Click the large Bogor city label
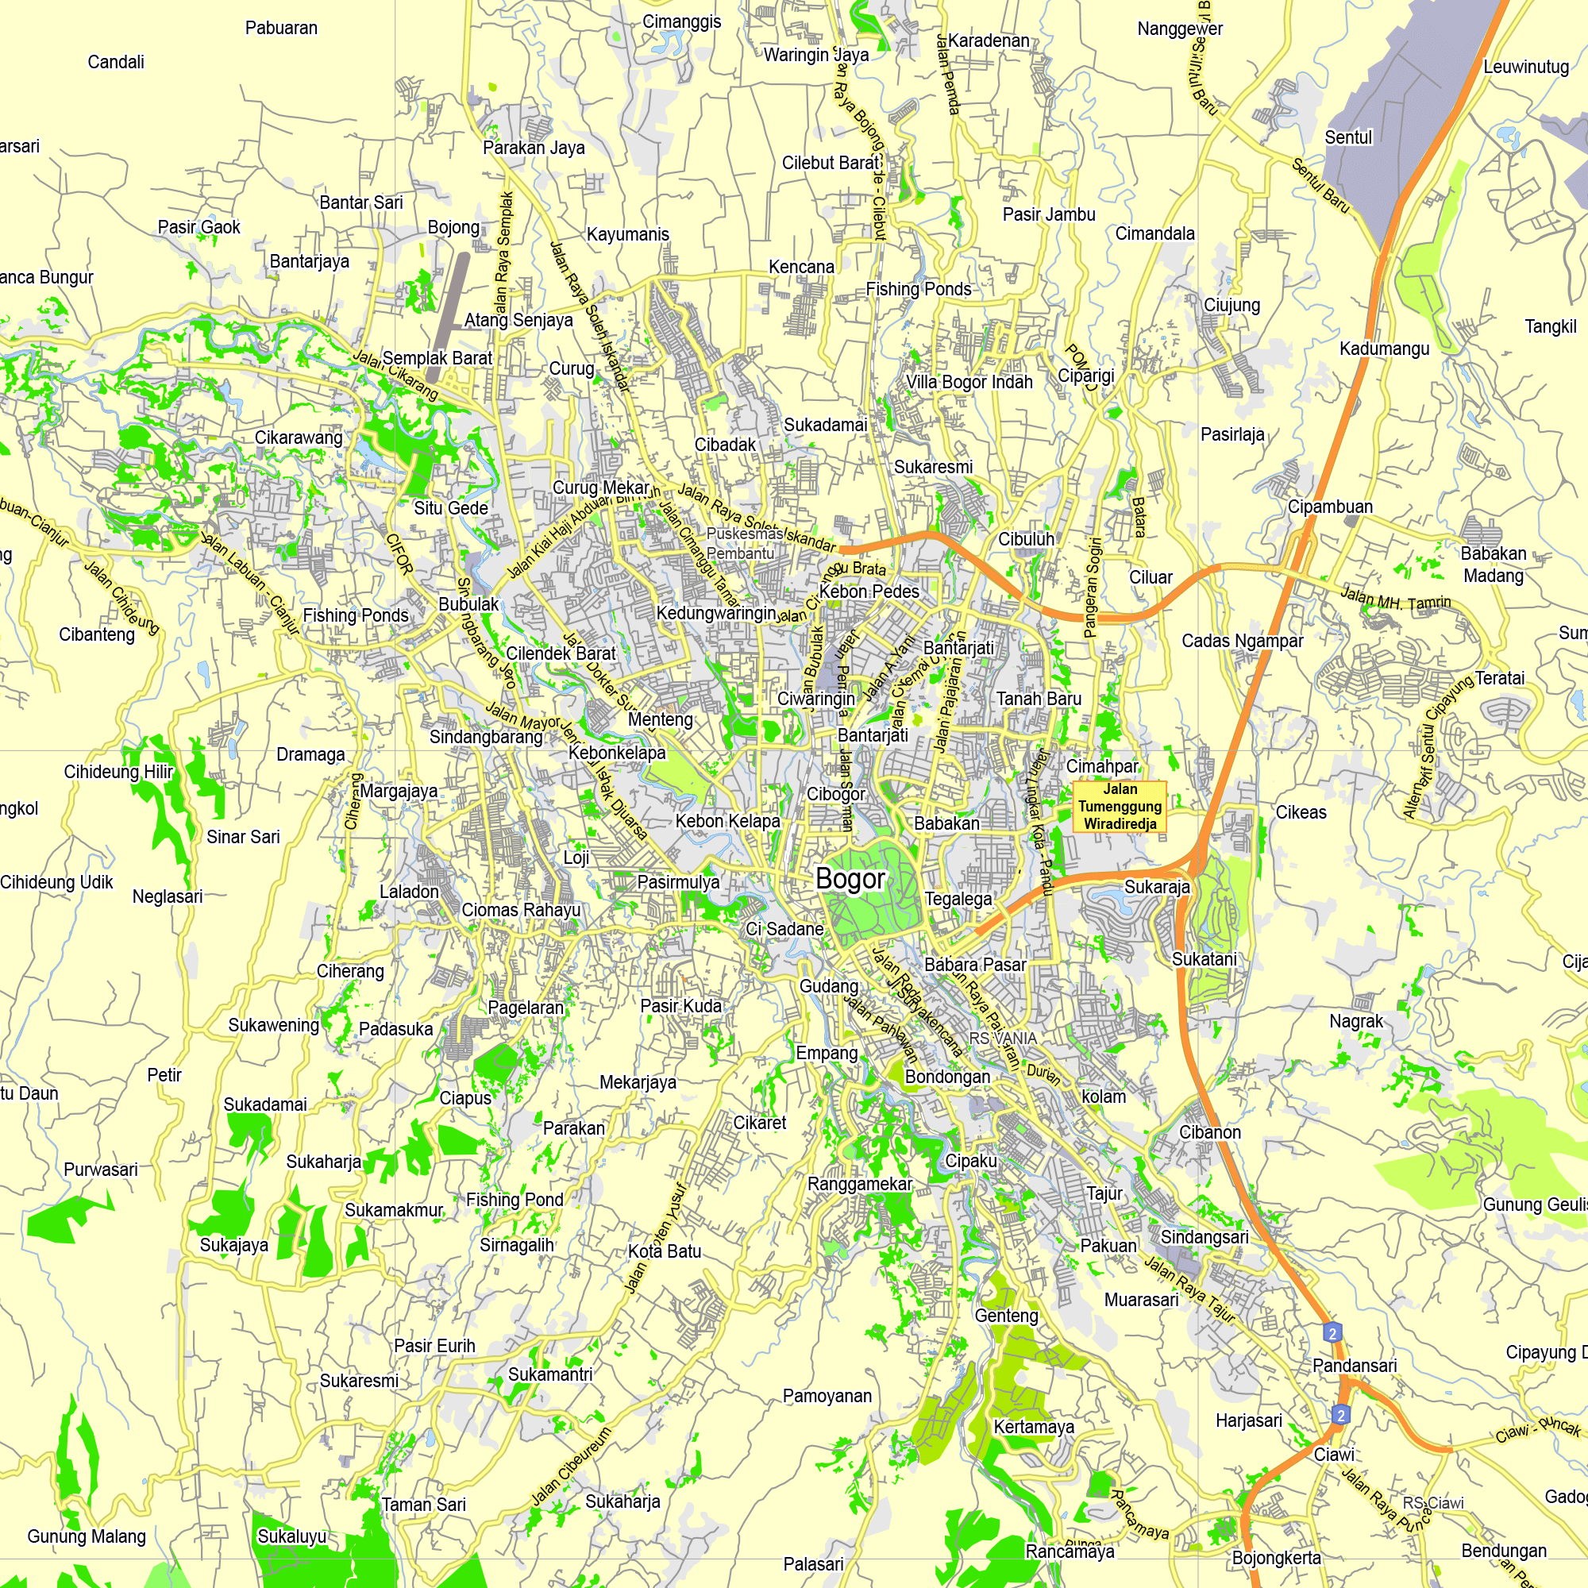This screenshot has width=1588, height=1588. click(850, 879)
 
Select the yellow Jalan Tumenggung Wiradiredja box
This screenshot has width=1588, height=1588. click(1120, 807)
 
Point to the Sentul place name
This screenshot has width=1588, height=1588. click(1348, 137)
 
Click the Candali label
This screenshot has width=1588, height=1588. click(116, 63)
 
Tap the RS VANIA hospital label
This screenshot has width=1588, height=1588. click(1002, 1038)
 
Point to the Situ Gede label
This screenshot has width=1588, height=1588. click(450, 508)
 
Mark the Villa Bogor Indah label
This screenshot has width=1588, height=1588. click(969, 382)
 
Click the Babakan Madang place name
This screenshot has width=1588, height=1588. click(1494, 565)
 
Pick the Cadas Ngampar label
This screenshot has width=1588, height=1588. click(1242, 641)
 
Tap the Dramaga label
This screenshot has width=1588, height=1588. click(310, 754)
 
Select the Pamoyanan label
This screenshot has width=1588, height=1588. click(827, 1396)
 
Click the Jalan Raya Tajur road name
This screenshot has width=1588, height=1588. click(1189, 1289)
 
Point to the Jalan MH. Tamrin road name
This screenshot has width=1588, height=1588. click(1396, 598)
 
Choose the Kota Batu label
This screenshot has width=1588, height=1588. click(665, 1251)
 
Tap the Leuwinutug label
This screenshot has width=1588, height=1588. click(1525, 67)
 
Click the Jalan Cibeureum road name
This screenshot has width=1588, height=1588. click(572, 1466)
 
